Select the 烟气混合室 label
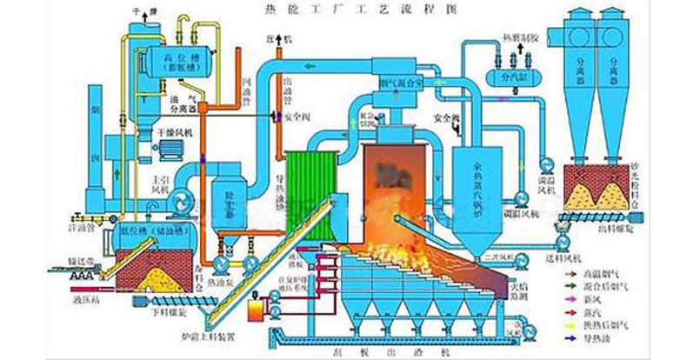pyautogui.click(x=400, y=83)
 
